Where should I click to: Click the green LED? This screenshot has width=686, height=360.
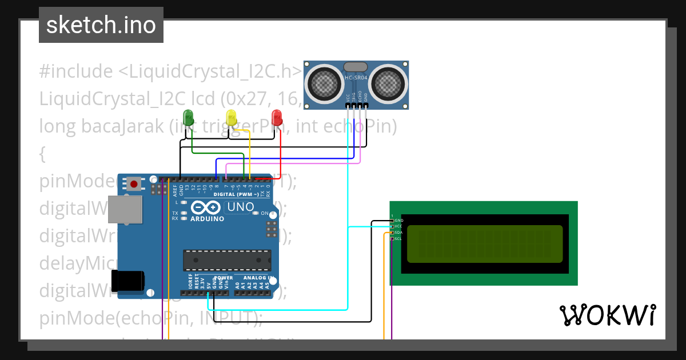(188, 117)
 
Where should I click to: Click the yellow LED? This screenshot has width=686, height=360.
(231, 117)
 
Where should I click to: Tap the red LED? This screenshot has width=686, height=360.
(277, 117)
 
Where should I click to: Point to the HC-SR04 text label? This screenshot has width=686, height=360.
(356, 77)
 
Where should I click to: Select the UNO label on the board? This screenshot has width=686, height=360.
(241, 207)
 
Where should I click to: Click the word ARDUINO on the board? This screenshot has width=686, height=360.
(207, 219)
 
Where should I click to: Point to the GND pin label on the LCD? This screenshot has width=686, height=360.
(399, 220)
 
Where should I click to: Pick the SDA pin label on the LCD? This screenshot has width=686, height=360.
(399, 233)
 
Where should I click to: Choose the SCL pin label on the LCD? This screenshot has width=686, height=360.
(399, 239)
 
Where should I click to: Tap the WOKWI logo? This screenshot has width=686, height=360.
(607, 315)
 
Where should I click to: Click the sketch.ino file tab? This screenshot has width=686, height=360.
(101, 25)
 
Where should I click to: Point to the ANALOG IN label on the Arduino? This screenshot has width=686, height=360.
(256, 277)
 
